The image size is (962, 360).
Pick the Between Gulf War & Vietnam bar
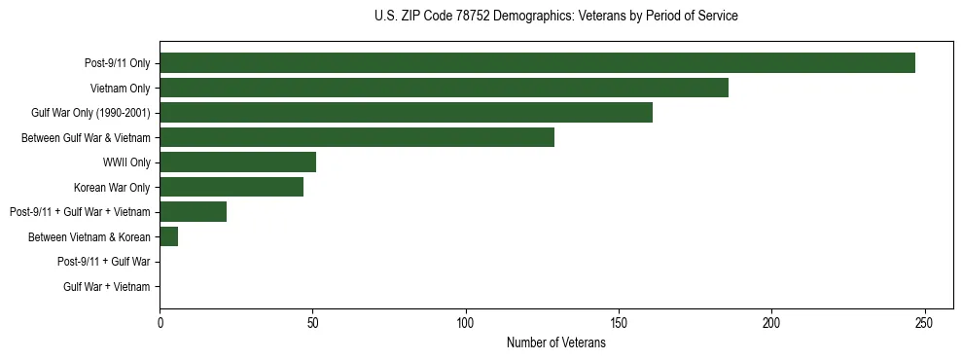point(357,137)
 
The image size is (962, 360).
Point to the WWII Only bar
point(237,162)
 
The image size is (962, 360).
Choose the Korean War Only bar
point(232,187)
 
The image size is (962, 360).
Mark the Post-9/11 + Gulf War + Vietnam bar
point(193,212)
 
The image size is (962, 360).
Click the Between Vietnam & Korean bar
point(168,236)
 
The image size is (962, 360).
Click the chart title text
point(555,17)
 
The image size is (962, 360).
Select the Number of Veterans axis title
point(555,342)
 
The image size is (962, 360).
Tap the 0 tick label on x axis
point(160,323)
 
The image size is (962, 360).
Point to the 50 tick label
point(312,323)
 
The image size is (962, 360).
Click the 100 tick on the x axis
point(465,323)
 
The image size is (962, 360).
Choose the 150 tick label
point(619,323)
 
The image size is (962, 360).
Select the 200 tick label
point(771,323)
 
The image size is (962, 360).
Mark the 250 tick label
point(924,323)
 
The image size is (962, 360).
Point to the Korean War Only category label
point(112,187)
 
